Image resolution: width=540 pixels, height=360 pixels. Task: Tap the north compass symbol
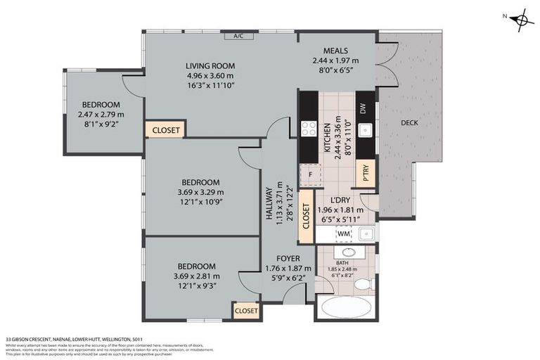[x=521, y=20]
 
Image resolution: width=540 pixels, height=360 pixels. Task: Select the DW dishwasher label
[x=364, y=109]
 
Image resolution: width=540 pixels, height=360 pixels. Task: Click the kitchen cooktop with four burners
[x=308, y=129]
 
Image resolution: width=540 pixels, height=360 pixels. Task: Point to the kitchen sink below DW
[x=365, y=131]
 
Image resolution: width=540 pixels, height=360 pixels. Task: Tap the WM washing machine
[x=343, y=233]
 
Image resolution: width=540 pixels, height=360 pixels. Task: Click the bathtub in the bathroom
[x=345, y=308]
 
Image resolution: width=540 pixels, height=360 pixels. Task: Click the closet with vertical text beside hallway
[x=306, y=217]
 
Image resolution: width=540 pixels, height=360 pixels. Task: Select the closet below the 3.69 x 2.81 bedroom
[x=246, y=310]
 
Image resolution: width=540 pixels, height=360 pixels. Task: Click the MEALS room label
[x=335, y=51]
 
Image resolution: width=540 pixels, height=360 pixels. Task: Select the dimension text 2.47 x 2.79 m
[x=101, y=115]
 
